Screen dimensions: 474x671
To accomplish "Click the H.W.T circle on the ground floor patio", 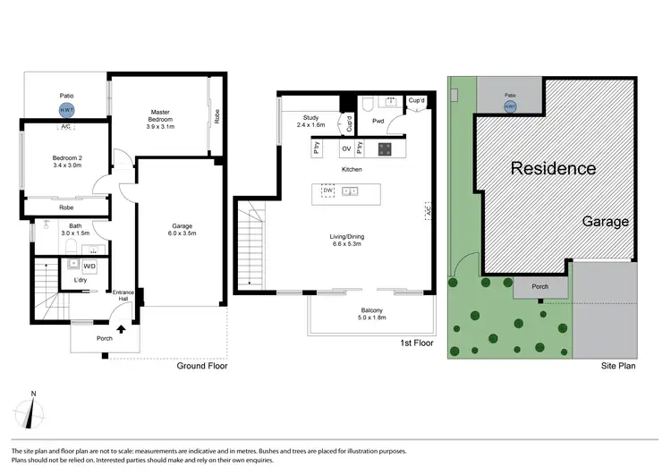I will (x=65, y=111).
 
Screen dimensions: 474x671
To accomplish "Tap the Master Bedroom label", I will (x=161, y=118).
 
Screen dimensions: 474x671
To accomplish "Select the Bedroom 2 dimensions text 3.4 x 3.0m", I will (x=66, y=165).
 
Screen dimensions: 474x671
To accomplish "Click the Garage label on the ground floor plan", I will (x=183, y=231).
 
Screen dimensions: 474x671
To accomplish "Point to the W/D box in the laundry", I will (x=89, y=267).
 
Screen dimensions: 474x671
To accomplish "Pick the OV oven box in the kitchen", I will (x=346, y=148).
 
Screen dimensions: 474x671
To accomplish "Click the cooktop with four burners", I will (x=385, y=148).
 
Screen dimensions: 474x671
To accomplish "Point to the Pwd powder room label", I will (x=378, y=121).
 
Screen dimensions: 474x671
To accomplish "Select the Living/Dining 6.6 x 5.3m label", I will (x=348, y=241).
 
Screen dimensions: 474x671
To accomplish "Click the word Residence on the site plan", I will (x=552, y=168).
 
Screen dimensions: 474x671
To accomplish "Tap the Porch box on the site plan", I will (x=539, y=288).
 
